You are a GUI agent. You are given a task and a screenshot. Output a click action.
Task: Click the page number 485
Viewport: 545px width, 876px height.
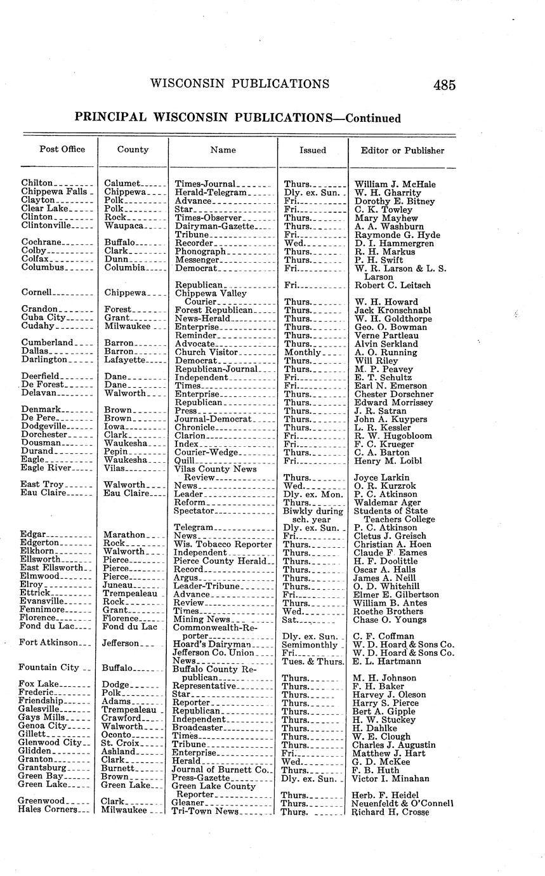445,84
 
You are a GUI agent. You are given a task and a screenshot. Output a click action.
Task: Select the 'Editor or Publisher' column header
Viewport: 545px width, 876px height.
402,150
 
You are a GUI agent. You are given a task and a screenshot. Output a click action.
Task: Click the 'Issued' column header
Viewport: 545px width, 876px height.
313,150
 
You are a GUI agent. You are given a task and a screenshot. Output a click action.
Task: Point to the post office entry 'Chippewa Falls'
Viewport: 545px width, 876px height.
55,192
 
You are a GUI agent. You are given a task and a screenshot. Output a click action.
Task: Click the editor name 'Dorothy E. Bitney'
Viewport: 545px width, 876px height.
391,201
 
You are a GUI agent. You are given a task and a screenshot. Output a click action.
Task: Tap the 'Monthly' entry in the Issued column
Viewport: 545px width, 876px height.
302,352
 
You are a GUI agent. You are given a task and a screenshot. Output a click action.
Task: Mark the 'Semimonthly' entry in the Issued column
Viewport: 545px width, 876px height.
310,644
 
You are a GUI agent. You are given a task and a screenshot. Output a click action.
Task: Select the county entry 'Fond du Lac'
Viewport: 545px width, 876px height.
129,627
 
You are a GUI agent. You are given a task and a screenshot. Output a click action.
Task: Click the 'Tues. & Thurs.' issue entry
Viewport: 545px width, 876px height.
313,661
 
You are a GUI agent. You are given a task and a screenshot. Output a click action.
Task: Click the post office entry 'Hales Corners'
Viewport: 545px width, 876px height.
48,809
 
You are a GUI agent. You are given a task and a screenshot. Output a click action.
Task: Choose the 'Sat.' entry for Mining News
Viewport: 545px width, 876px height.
292,620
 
